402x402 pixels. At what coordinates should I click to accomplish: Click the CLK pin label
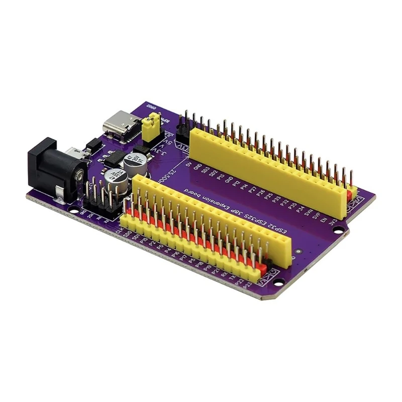[x=120, y=231]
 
